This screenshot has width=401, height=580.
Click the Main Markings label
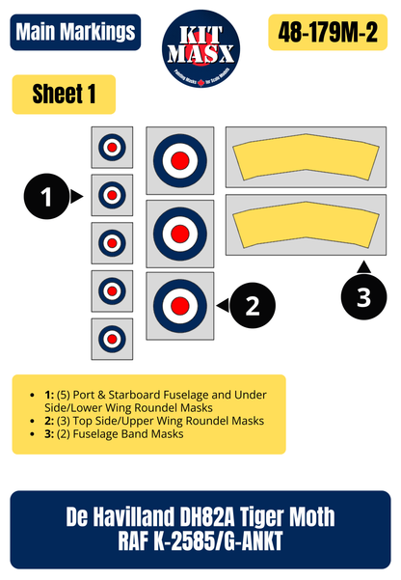74,32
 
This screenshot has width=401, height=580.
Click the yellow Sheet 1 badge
63,95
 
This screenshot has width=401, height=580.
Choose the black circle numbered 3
362,298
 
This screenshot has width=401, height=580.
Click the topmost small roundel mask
112,148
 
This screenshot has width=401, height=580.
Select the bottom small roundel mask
112,339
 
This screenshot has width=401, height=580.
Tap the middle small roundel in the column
112,243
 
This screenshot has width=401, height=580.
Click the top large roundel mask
180,159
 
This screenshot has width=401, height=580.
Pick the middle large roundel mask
180,233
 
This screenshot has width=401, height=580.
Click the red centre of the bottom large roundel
180,306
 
